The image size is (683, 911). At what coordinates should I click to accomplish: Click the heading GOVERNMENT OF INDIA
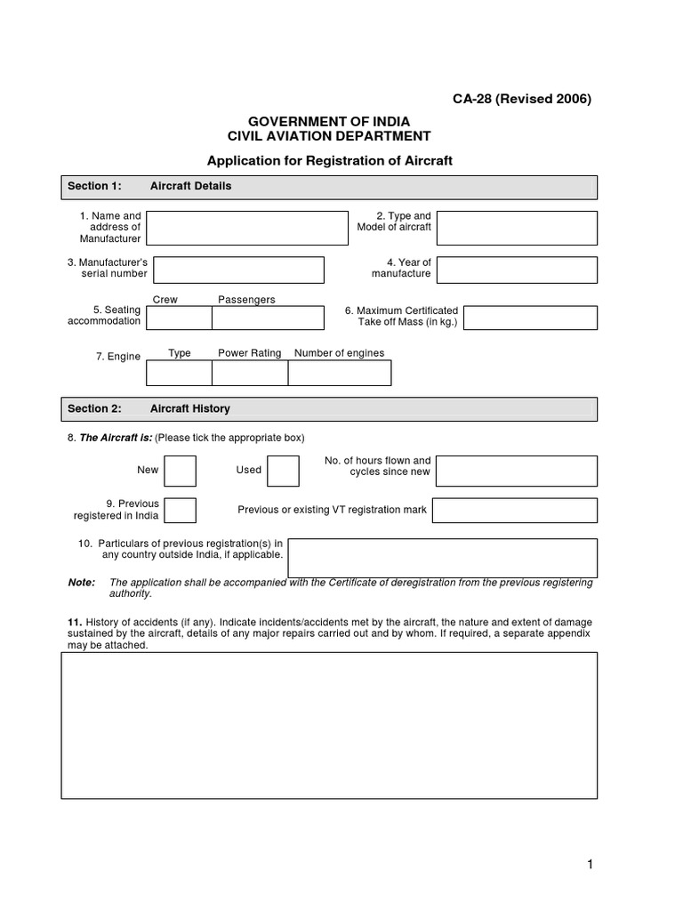coord(329,121)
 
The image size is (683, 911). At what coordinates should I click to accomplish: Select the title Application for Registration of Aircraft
coord(330,161)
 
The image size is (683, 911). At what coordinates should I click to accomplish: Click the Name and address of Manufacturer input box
coord(247,228)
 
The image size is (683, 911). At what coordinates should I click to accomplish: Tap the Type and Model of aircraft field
coord(517,228)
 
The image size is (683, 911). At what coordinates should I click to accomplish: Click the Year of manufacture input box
coord(517,270)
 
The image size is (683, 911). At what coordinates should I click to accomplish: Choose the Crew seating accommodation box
coord(179,318)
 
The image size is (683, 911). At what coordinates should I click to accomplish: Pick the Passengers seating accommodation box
coord(268,318)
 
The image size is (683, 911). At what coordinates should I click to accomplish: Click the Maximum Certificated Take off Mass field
coord(530,318)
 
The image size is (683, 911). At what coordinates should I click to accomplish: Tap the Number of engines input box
coord(340,373)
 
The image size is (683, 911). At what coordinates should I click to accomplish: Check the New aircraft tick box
coord(180,471)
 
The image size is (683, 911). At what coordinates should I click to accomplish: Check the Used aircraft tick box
coord(283,471)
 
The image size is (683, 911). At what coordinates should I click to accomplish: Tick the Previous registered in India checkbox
coord(181,511)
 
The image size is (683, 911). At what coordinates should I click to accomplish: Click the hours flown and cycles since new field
coord(517,471)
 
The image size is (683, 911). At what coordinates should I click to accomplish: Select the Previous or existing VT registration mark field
coord(515,511)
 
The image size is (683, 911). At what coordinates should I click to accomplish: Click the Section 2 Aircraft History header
coord(329,409)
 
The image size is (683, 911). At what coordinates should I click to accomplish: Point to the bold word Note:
coord(81,583)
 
